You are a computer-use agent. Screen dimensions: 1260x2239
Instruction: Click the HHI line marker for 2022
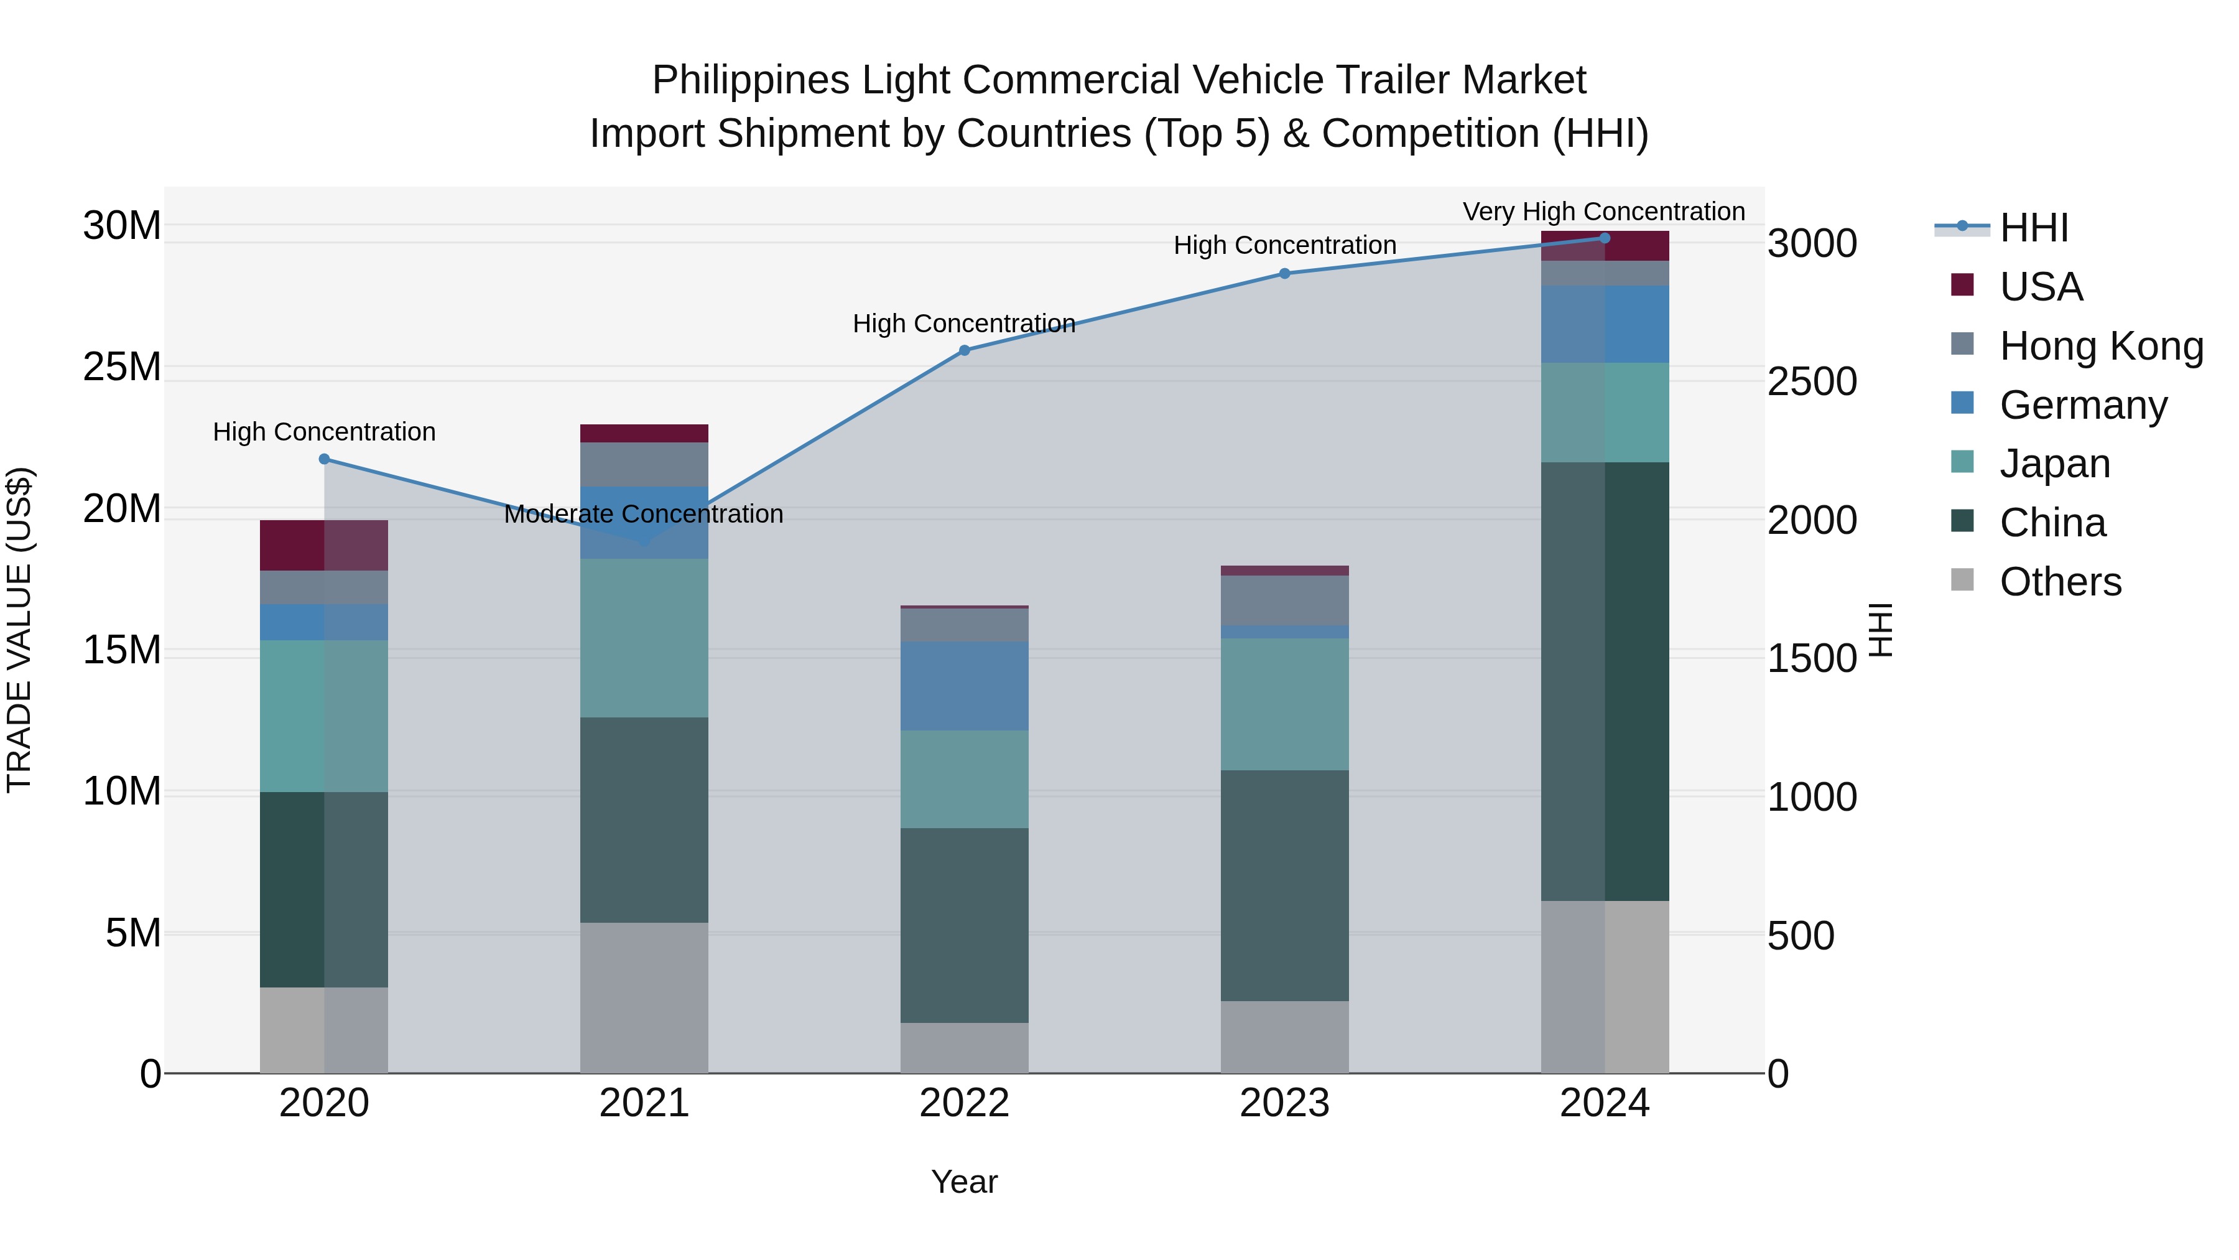(x=964, y=350)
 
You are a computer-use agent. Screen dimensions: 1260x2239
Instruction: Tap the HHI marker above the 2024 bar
(x=1605, y=238)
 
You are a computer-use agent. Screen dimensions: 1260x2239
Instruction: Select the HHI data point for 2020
(x=324, y=459)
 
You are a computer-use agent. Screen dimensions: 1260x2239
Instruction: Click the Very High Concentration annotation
(x=1603, y=212)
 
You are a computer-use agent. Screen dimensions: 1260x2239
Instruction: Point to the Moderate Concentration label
(x=643, y=514)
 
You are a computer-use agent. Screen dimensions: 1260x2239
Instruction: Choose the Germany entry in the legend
(x=2082, y=405)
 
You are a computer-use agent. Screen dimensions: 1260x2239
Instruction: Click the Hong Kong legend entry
(x=2101, y=346)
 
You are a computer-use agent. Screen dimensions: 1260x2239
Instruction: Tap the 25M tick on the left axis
(x=122, y=367)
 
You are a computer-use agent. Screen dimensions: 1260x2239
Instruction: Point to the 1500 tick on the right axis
(x=1812, y=658)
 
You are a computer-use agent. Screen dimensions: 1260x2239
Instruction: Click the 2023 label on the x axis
(x=1284, y=1103)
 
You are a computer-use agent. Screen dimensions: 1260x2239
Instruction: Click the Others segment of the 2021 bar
(x=644, y=997)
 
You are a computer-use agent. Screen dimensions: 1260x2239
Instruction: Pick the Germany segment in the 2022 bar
(x=964, y=686)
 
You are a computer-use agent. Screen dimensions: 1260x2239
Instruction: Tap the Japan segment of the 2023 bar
(x=1284, y=704)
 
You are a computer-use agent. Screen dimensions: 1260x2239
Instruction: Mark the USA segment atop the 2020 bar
(x=324, y=545)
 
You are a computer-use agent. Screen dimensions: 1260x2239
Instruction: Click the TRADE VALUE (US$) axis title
(x=19, y=630)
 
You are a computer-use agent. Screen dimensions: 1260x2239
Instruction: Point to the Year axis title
(x=964, y=1182)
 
